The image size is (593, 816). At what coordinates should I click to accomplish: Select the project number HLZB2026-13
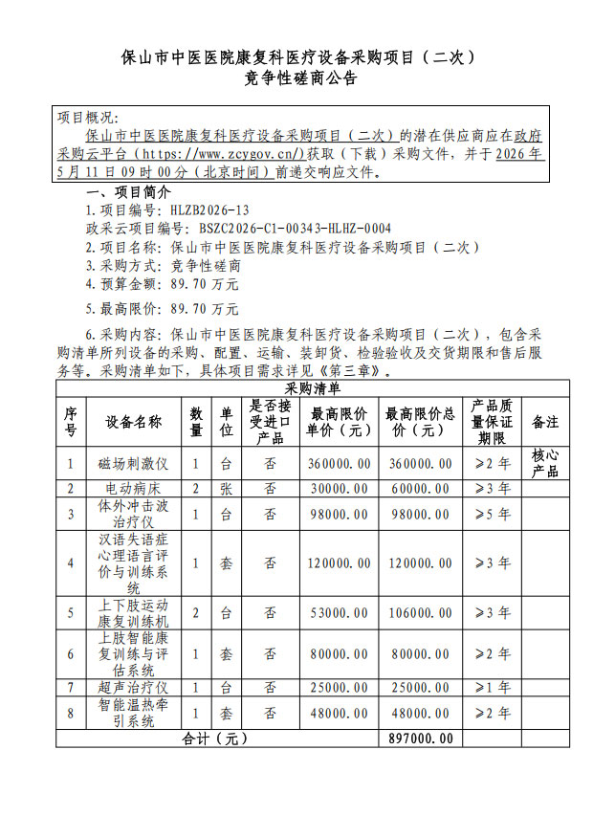pyautogui.click(x=210, y=210)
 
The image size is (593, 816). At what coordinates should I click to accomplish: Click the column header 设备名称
pyautogui.click(x=134, y=421)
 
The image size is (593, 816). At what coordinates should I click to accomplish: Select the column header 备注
pyautogui.click(x=545, y=421)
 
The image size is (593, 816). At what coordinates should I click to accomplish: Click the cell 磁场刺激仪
pyautogui.click(x=134, y=463)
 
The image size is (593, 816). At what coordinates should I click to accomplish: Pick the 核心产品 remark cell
pyautogui.click(x=545, y=463)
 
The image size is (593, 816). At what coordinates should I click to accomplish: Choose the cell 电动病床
pyautogui.click(x=134, y=488)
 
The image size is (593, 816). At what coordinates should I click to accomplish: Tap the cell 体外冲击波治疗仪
pyautogui.click(x=134, y=514)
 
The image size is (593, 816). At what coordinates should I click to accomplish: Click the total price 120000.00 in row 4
pyautogui.click(x=420, y=562)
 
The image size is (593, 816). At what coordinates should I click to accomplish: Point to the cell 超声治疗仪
pyautogui.click(x=134, y=687)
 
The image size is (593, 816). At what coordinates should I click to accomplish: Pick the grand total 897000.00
pyautogui.click(x=420, y=739)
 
